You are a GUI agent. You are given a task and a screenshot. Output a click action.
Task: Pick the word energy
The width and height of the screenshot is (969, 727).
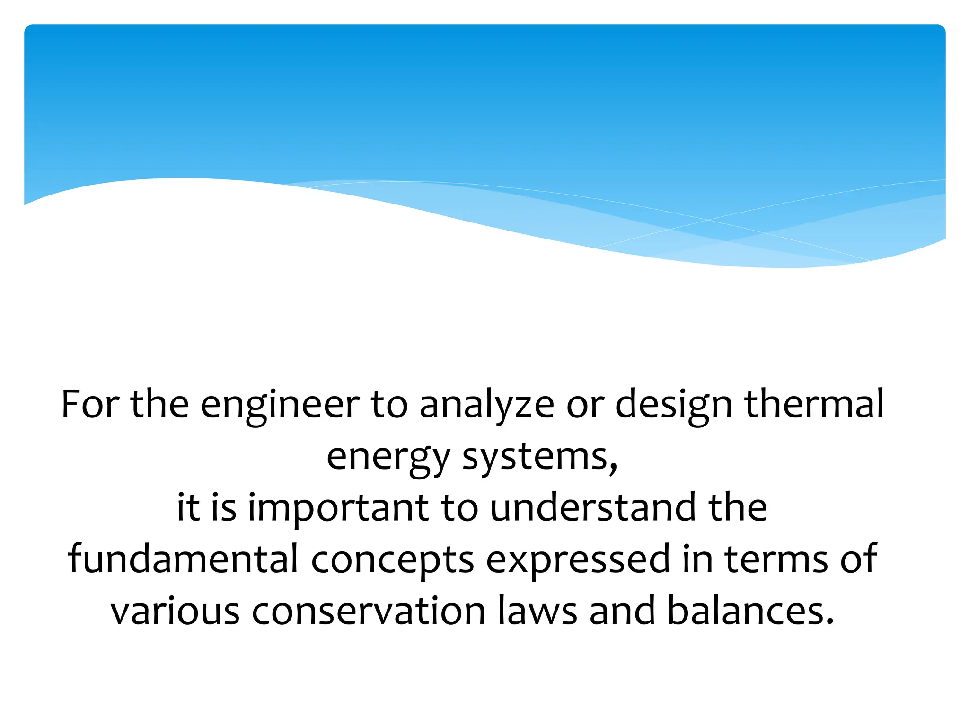pos(388,458)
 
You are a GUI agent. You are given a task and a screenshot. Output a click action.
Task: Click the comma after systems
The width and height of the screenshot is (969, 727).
pos(614,469)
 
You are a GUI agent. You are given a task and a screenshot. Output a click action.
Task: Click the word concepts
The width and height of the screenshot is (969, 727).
pos(393,560)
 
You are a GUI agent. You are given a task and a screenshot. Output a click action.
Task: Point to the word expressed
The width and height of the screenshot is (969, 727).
pos(578,560)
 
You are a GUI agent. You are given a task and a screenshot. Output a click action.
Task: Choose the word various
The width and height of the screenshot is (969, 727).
pos(175,611)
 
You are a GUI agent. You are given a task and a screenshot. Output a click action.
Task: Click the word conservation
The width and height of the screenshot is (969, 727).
pos(369,611)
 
